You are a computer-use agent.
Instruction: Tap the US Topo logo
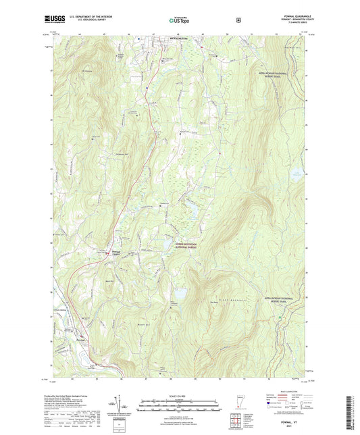pos(178,20)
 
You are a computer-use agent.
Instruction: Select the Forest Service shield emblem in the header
pos(238,20)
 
